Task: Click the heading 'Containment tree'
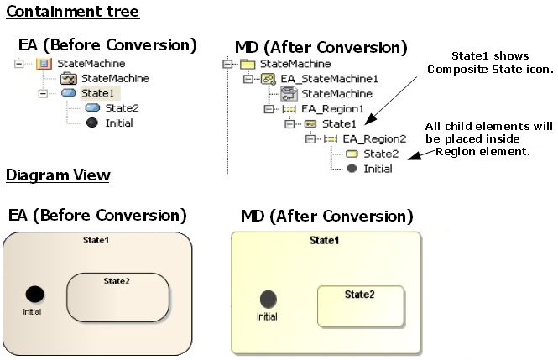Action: coord(72,12)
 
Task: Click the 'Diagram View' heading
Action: coord(57,175)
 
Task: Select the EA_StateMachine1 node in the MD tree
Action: coord(318,78)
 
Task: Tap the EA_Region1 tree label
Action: coord(333,108)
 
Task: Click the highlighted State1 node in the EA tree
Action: coord(98,93)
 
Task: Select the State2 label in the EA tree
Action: coord(122,108)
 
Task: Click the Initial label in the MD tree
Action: coord(378,169)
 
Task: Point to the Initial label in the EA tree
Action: coord(118,123)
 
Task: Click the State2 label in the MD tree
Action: coord(380,154)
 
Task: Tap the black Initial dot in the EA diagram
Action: coord(34,294)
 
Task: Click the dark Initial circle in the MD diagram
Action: coord(268,299)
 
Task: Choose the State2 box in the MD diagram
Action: coord(360,306)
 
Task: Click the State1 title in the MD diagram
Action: coord(325,240)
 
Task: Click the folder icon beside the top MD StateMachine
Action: coord(248,64)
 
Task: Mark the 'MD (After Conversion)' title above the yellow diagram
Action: coord(326,217)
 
